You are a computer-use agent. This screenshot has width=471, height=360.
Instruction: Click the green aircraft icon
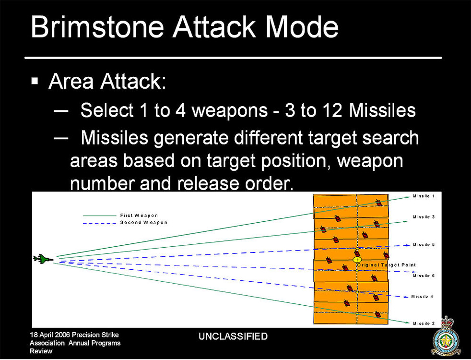tap(43, 259)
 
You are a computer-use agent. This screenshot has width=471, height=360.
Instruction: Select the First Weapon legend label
tap(139, 216)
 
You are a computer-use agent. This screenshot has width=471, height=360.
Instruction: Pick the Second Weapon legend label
tap(143, 223)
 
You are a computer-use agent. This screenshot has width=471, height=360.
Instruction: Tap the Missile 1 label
tap(424, 196)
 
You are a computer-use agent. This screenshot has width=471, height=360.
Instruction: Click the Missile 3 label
tap(424, 217)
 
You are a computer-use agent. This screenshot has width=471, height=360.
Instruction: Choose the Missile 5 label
tap(424, 245)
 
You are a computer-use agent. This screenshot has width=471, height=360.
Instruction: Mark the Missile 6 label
tap(424, 276)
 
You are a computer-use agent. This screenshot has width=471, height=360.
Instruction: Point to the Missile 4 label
tap(422, 296)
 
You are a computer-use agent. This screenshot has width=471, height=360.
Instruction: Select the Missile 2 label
tap(424, 324)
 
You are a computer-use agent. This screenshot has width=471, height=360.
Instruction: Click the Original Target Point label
tap(387, 265)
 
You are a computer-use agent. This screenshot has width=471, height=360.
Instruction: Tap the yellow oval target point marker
tap(357, 260)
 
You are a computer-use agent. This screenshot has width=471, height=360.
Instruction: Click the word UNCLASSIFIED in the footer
tap(233, 336)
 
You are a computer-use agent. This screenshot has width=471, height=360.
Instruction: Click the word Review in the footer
tap(41, 351)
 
